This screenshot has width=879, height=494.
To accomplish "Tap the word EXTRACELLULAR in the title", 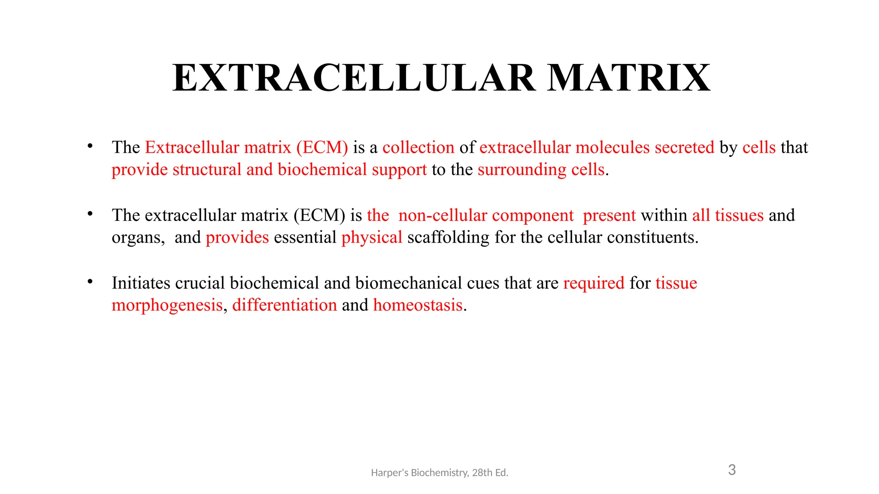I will pyautogui.click(x=354, y=78).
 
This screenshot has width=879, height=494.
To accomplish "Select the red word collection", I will pyautogui.click(x=418, y=148).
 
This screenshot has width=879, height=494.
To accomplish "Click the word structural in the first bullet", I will pyautogui.click(x=207, y=170).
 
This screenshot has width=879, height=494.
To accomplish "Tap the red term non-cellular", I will pyautogui.click(x=443, y=215).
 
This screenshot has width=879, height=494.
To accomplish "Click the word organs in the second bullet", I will pyautogui.click(x=137, y=238).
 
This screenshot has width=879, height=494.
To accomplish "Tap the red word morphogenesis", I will pyautogui.click(x=167, y=305).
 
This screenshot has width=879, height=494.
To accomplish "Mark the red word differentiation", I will pyautogui.click(x=285, y=305).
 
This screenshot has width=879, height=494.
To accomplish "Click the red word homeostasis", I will pyautogui.click(x=418, y=305).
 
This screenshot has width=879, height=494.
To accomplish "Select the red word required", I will pyautogui.click(x=594, y=283).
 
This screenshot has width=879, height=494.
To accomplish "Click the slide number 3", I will pyautogui.click(x=732, y=470).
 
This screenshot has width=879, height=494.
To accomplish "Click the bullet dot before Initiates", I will pyautogui.click(x=90, y=282).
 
